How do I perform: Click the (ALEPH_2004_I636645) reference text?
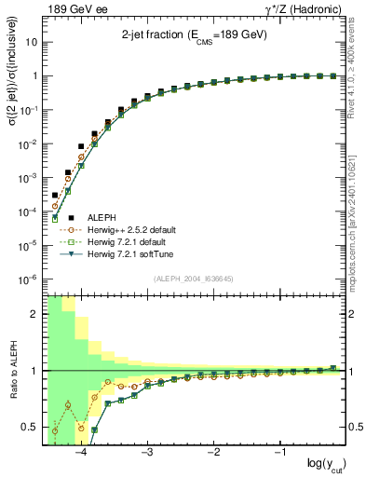(x=194, y=278)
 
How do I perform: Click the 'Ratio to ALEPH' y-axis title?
(x=12, y=370)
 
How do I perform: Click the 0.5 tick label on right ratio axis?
(x=355, y=428)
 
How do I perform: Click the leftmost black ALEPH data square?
(x=55, y=196)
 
